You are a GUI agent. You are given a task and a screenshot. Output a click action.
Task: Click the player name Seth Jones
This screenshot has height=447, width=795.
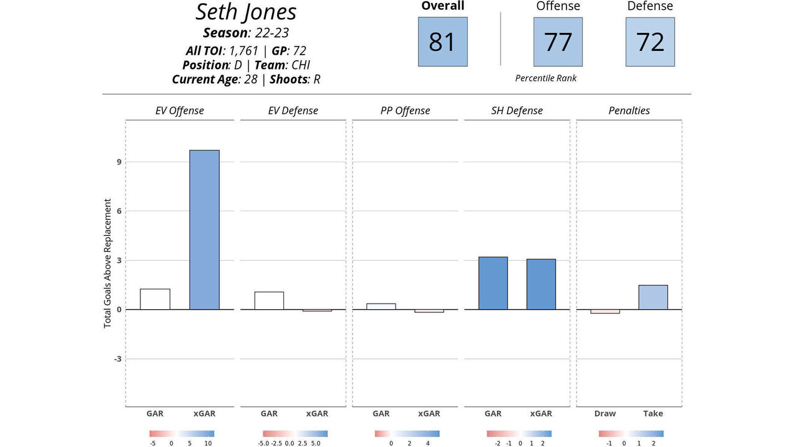(246, 12)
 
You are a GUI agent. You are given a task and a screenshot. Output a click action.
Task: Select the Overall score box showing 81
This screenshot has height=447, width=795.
(442, 42)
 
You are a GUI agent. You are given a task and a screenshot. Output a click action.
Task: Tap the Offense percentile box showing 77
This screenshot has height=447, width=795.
(558, 42)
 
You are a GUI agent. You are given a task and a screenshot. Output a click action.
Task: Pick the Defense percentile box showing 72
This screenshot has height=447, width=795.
(650, 42)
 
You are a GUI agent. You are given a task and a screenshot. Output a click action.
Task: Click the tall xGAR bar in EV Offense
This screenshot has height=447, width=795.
(204, 230)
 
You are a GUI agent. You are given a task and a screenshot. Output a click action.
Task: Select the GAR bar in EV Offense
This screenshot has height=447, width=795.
(155, 299)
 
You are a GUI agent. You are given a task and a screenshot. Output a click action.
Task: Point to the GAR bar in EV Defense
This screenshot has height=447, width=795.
(269, 300)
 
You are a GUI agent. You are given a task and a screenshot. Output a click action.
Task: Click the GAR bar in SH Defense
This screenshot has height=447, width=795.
(493, 283)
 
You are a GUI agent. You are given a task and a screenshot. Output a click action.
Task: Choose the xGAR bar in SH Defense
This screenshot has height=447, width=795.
(541, 284)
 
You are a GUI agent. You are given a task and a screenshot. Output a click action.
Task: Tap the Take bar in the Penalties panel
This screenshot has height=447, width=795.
(653, 297)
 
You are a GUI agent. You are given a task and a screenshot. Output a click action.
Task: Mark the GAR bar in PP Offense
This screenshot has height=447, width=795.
(381, 306)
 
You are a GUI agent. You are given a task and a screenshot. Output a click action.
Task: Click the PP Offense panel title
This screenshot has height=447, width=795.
(405, 111)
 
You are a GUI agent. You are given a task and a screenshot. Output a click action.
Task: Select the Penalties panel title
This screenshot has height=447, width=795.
(629, 111)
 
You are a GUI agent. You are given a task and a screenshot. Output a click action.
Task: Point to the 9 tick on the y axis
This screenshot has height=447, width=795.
(118, 162)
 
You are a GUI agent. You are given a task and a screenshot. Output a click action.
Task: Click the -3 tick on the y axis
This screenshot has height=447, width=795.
(117, 359)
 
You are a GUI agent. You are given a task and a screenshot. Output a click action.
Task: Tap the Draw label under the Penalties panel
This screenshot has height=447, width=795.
(605, 413)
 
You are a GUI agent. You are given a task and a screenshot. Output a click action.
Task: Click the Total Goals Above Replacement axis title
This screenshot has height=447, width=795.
(107, 263)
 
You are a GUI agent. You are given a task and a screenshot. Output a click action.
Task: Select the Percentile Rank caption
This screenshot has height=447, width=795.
(546, 78)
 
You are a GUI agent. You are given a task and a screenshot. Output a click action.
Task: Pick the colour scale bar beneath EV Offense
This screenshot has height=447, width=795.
(182, 434)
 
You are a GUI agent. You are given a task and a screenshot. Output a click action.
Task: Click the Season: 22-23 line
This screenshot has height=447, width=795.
(247, 33)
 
